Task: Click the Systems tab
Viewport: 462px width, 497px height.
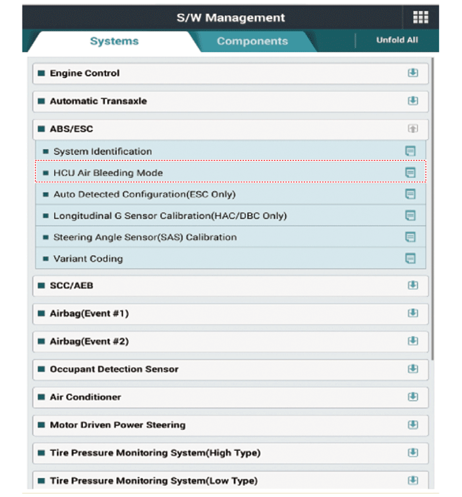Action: coord(114,41)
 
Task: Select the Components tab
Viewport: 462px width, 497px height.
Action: coord(252,41)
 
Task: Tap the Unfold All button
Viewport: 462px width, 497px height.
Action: coord(397,40)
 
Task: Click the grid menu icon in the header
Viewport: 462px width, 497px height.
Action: coord(420,18)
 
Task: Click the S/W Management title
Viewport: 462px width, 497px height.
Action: coord(231,18)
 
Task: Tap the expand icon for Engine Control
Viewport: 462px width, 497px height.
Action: coord(413,73)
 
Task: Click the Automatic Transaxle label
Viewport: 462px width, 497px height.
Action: coord(98,101)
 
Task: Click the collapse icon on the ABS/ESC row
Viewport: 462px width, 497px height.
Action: coord(413,129)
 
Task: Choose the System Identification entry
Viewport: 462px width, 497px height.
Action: coord(102,152)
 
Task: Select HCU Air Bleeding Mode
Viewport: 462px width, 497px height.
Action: coord(108,173)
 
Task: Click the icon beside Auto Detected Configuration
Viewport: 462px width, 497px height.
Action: coord(411,194)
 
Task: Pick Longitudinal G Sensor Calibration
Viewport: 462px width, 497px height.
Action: coord(170,216)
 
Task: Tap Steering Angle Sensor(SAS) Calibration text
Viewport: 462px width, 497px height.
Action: coord(145,237)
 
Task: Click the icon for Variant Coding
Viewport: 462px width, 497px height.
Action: coord(411,258)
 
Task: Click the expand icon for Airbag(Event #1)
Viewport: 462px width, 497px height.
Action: coord(413,313)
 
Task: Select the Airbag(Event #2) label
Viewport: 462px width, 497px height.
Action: coord(89,341)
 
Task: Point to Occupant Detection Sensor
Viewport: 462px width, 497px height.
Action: coord(114,369)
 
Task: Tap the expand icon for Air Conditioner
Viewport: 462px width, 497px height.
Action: coord(413,397)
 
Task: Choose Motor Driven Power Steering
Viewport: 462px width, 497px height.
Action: coord(117,425)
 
